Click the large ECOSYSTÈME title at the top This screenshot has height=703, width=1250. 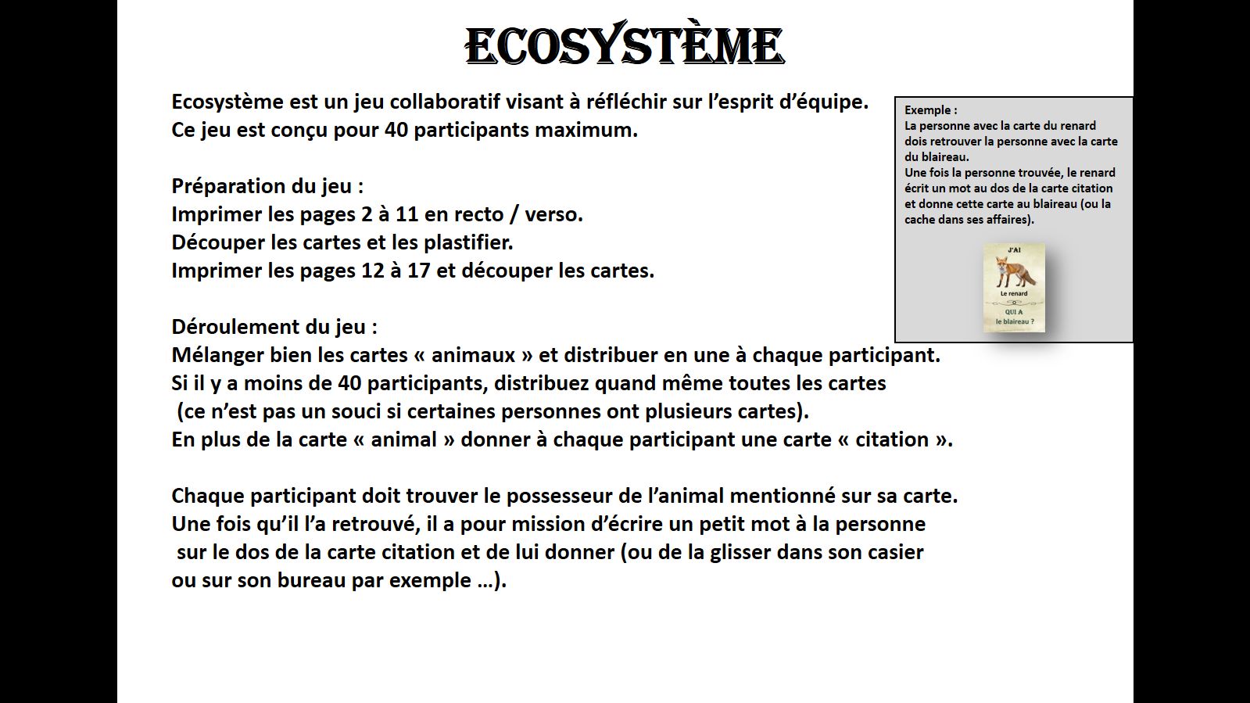point(624,46)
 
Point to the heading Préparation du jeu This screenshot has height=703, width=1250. point(267,186)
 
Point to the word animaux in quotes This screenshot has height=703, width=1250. point(472,355)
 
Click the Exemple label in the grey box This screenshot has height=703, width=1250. point(930,110)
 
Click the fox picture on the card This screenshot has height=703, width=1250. point(1014,271)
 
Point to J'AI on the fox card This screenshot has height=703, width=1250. point(1014,250)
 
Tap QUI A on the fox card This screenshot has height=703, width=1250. point(1014,312)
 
